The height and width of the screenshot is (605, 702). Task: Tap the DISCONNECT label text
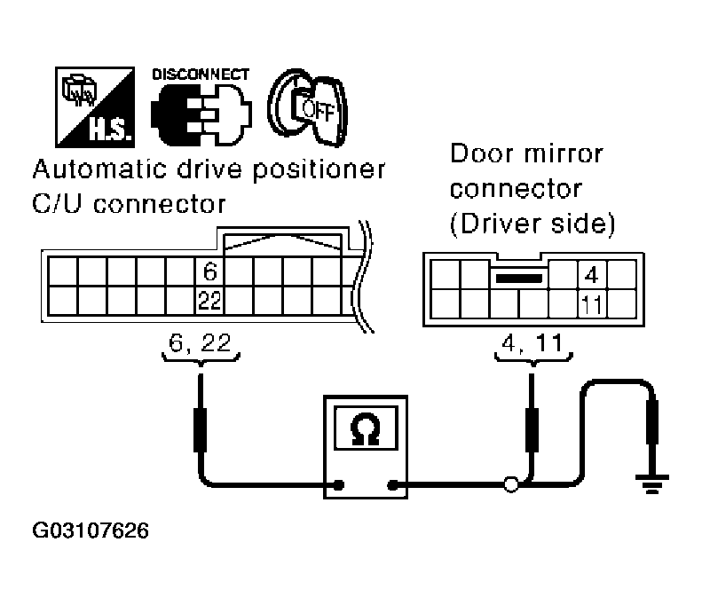[201, 75]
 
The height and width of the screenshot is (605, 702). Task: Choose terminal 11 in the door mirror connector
[591, 304]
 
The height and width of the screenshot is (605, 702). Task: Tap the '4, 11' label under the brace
[532, 343]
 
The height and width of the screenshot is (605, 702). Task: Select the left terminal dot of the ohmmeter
[338, 485]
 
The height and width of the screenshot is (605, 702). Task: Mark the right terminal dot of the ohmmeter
[391, 485]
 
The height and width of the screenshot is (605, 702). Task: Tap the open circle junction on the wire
[510, 485]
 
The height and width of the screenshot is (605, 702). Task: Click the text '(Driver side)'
[532, 224]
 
